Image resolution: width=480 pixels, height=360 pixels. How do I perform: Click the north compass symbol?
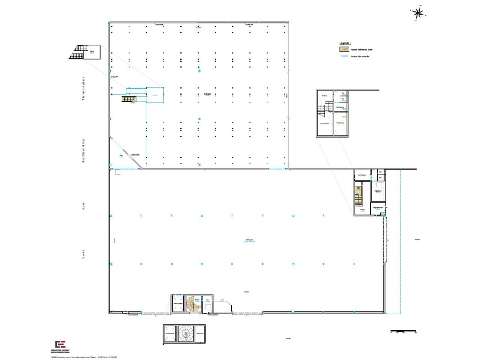[418, 13]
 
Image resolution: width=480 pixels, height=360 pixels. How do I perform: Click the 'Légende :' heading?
[345, 43]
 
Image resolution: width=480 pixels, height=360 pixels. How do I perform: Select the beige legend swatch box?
[344, 49]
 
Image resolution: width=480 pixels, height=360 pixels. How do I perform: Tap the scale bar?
[403, 332]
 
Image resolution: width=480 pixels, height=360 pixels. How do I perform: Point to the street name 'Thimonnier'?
[84, 88]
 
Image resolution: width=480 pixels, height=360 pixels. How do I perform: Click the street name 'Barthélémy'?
[84, 150]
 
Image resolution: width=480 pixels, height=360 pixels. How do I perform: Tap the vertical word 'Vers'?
[84, 254]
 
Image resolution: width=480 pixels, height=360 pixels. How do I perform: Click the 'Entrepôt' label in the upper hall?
[207, 94]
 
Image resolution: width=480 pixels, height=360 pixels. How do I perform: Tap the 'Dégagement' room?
[378, 208]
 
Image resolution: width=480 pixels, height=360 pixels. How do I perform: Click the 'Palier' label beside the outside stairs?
[92, 51]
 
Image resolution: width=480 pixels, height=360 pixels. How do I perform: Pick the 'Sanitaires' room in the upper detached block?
[340, 107]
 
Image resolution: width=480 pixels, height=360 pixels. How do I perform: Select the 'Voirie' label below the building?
[288, 338]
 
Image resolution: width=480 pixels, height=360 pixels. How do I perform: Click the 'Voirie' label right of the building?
[417, 239]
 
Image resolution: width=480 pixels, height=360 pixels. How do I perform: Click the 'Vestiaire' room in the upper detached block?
[340, 123]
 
